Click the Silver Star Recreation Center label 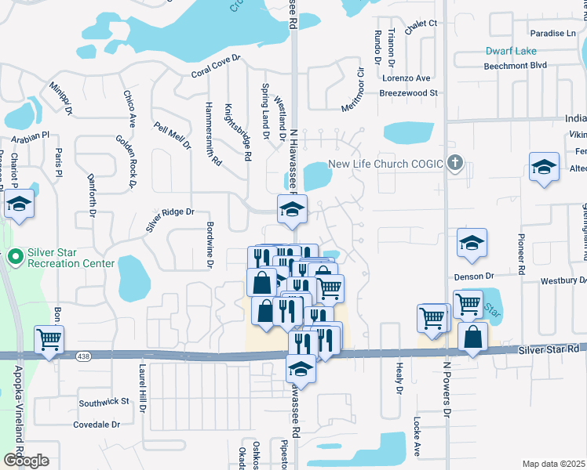pyautogui.click(x=71, y=258)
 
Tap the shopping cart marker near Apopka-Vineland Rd pyautogui.click(x=49, y=341)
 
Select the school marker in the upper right pyautogui.click(x=543, y=167)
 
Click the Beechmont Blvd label pyautogui.click(x=516, y=65)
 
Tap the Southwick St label pyautogui.click(x=104, y=402)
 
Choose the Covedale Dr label pyautogui.click(x=96, y=425)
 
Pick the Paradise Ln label pyautogui.click(x=552, y=34)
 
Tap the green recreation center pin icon pyautogui.click(x=15, y=257)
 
